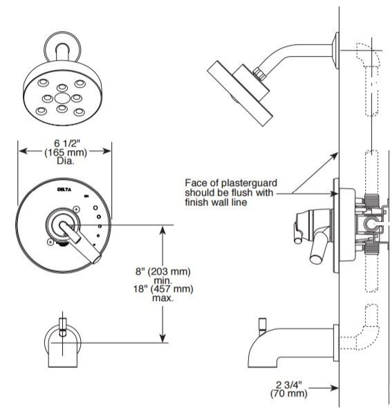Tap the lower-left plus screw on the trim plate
(x=50, y=242)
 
